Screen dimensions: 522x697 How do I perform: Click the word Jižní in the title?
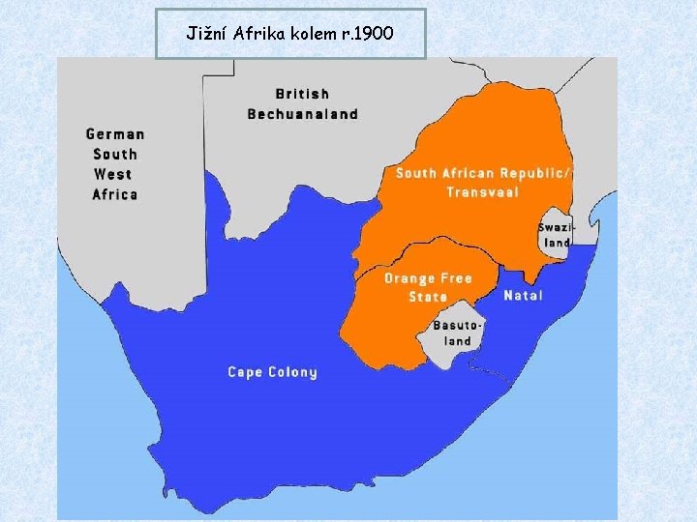coord(204,34)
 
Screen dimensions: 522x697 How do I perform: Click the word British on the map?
coord(302,94)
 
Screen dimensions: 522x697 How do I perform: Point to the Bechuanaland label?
coord(302,114)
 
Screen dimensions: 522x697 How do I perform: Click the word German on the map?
coord(115,134)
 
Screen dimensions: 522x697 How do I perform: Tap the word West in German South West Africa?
coord(113,174)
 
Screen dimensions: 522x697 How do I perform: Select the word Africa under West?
coord(115,194)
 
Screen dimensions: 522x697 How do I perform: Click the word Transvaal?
coord(482,191)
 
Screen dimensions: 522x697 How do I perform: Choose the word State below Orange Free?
coord(428,297)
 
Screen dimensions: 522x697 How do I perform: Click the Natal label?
coord(523,296)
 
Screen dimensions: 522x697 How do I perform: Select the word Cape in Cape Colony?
coord(243,371)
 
